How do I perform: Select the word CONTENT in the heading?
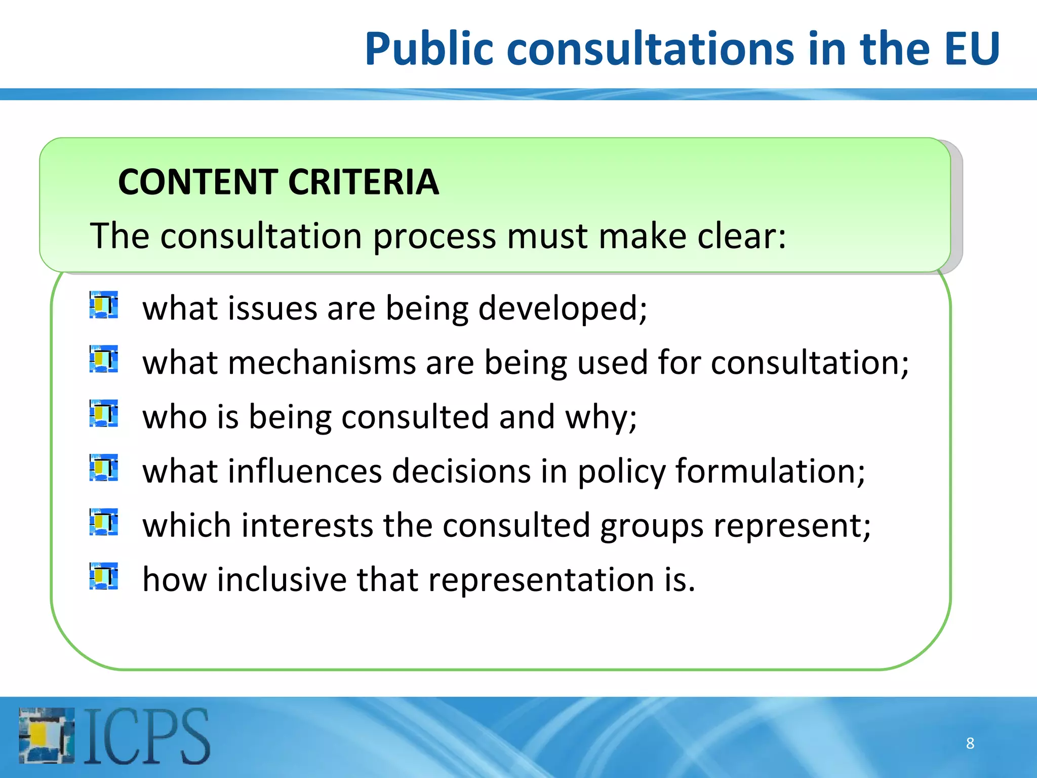[197, 182]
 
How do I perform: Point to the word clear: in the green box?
[742, 236]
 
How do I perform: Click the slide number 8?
[970, 743]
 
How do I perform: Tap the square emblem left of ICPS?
[47, 735]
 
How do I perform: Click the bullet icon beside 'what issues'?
[104, 305]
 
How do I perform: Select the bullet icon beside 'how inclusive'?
[104, 576]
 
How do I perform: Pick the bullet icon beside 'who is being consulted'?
[104, 414]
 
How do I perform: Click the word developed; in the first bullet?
[563, 309]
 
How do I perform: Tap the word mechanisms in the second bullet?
[322, 363]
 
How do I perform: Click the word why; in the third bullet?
[601, 418]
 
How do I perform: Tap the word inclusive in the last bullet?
[282, 579]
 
